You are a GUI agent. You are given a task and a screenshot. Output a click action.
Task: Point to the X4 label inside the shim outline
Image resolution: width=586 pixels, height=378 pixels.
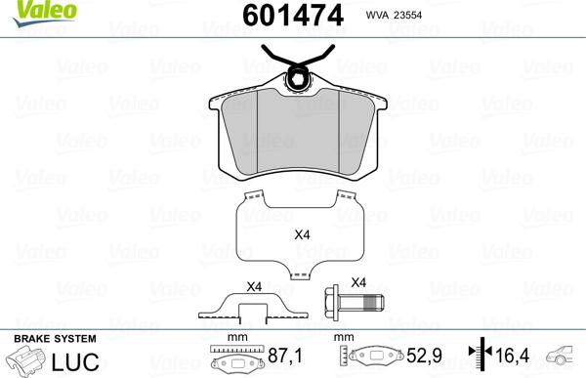(x=304, y=234)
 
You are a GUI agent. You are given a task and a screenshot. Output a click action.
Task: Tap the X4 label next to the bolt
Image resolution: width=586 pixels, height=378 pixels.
(x=357, y=282)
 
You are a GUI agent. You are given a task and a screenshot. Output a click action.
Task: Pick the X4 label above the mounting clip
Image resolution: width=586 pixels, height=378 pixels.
(x=254, y=286)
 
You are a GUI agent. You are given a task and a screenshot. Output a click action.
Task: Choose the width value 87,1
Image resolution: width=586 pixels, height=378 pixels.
(x=285, y=358)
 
